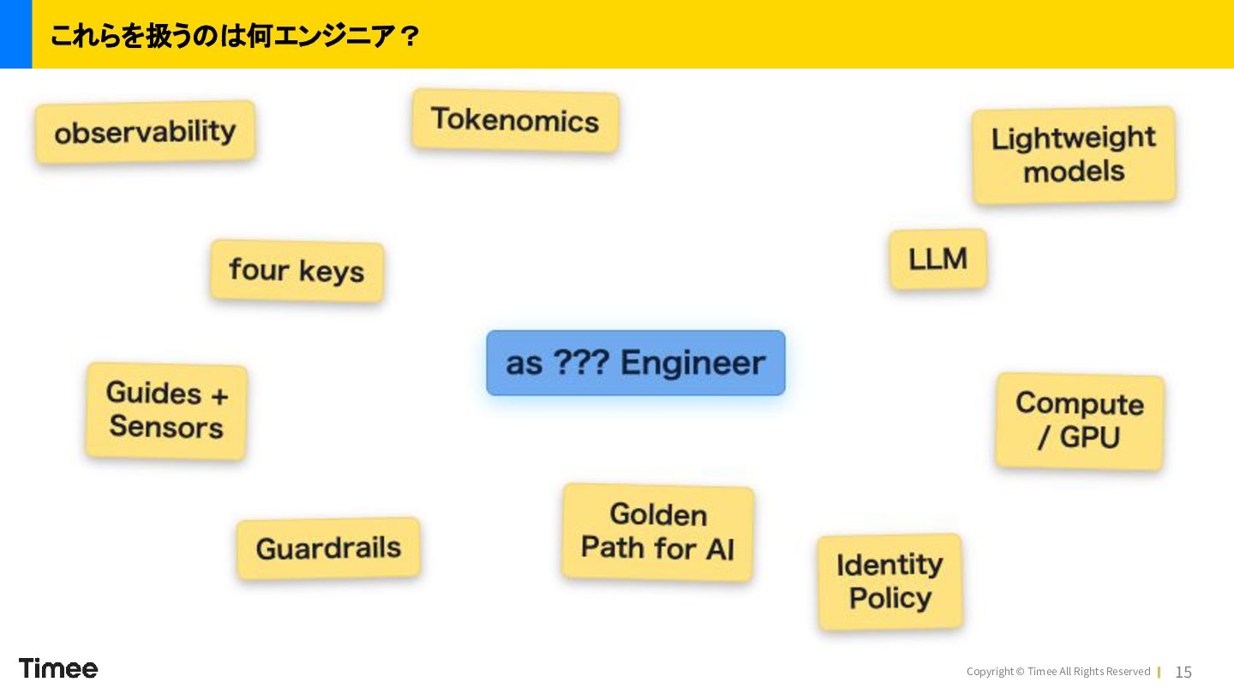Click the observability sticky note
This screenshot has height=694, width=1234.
pos(145,132)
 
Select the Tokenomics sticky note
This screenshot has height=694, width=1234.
pos(515,120)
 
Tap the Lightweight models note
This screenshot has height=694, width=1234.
pos(1074,155)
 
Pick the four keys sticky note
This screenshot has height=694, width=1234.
pos(297,271)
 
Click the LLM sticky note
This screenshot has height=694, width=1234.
pos(937,259)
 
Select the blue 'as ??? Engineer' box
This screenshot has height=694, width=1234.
pos(636,363)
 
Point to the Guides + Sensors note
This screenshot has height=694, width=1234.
pos(166,410)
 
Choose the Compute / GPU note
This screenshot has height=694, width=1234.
pos(1079,422)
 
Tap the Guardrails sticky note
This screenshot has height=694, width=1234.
pos(328,548)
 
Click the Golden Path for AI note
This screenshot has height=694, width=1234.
pos(658,532)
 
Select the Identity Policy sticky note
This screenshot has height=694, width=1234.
pos(890,582)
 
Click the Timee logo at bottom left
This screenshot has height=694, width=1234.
pos(58,668)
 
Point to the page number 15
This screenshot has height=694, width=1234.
pos(1183,672)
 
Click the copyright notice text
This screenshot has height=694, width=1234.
pos(1058,672)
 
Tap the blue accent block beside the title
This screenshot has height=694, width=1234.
pos(16,34)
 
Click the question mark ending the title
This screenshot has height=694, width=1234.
pos(410,36)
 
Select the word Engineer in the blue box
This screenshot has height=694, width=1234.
pos(693,363)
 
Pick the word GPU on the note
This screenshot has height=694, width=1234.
pos(1090,437)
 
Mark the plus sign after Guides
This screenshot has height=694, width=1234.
pos(219,396)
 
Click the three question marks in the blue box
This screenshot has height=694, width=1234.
pos(582,362)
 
